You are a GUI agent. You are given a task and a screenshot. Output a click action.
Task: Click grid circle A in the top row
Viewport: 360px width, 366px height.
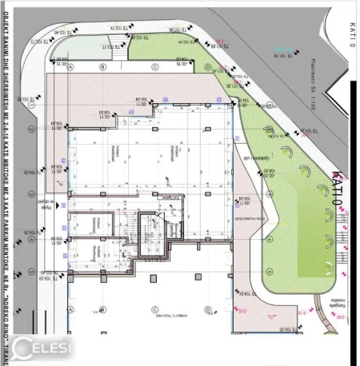[x=70, y=67]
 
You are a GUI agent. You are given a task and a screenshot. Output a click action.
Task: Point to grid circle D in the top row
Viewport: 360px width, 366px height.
[x=207, y=68]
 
